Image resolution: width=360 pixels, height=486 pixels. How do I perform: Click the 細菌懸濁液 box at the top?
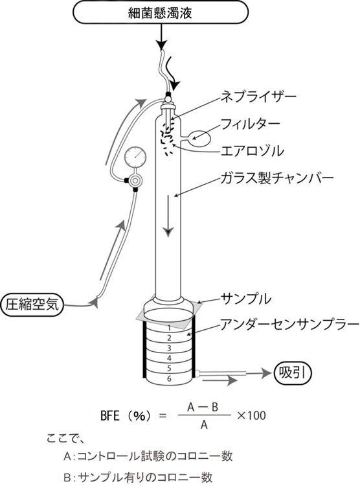point(161,12)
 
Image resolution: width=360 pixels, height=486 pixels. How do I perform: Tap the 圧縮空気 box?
point(32,305)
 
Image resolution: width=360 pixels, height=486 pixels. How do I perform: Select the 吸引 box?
point(293,373)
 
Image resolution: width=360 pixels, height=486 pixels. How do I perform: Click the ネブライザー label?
point(258,97)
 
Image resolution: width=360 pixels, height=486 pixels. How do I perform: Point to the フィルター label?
point(250,124)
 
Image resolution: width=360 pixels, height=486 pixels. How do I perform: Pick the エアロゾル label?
point(252,151)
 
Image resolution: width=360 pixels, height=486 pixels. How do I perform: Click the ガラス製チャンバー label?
point(277,178)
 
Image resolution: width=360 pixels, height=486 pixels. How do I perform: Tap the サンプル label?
point(245,299)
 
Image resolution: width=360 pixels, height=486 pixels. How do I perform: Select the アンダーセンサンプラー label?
point(289,324)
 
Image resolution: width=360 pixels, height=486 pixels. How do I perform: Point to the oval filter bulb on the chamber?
point(200,138)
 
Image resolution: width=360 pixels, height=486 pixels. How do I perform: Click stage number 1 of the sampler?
point(169,328)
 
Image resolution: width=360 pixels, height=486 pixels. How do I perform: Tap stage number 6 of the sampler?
point(169,378)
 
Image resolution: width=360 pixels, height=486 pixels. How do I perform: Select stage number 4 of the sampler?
point(169,358)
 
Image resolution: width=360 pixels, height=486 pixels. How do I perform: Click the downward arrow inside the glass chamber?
point(168,216)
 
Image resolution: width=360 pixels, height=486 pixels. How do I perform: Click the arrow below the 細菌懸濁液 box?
point(161,37)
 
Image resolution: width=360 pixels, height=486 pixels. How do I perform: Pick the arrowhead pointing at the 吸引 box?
point(267,373)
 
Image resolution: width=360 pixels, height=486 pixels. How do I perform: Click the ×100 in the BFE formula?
point(251,415)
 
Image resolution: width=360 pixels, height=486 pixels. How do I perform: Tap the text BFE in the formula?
point(110,415)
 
